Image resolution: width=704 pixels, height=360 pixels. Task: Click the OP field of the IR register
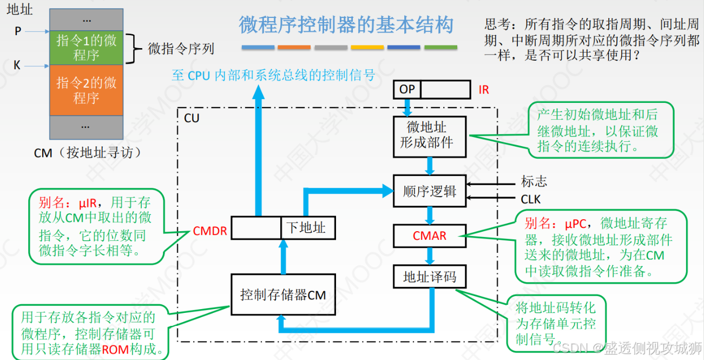(407, 89)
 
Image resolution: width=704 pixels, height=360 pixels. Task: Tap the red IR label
(484, 90)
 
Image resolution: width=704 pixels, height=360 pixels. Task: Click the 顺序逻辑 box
(430, 191)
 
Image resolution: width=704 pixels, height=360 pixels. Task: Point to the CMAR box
(430, 236)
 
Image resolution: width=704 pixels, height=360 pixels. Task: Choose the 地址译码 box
(430, 277)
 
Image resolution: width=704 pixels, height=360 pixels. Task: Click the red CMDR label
(210, 232)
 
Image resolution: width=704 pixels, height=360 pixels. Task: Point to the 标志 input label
(534, 182)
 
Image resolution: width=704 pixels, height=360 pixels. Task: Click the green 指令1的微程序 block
(86, 47)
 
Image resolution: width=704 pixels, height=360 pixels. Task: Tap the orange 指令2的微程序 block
(86, 90)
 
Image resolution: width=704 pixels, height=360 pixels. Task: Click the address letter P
(18, 32)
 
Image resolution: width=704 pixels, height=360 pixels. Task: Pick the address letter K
(17, 66)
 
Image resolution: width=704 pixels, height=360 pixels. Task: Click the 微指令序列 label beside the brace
(181, 49)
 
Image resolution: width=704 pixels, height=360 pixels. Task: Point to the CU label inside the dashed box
(192, 118)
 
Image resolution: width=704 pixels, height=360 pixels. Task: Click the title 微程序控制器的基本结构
(346, 25)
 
